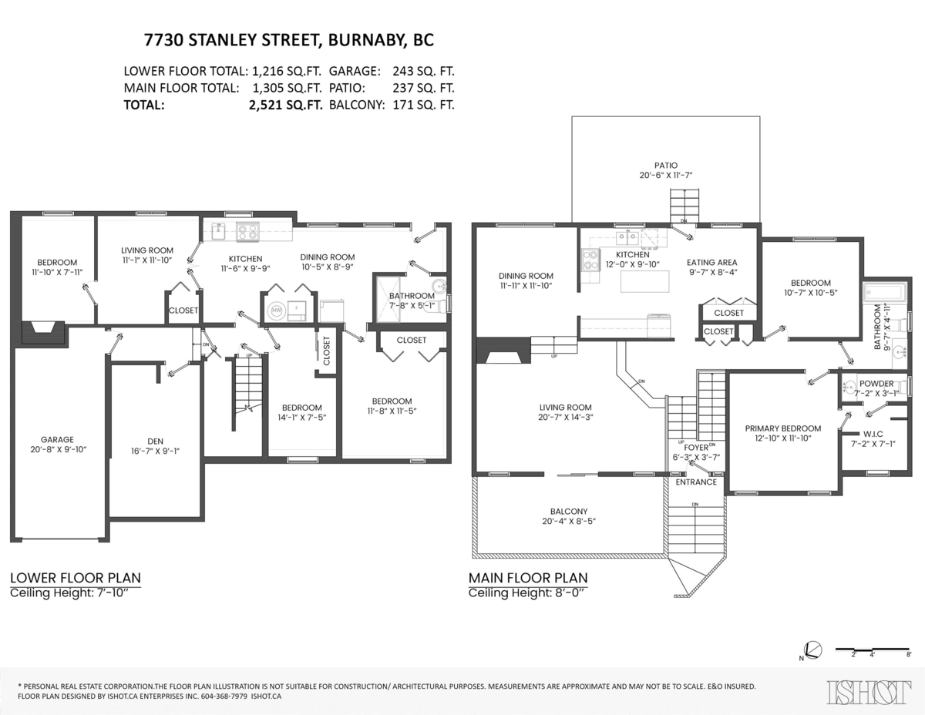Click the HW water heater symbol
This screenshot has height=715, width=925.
275,312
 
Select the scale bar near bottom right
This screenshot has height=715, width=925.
874,650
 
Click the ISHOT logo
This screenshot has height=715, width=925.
867,691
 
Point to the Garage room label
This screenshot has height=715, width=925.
58,440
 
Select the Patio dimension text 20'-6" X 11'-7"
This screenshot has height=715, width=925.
665,176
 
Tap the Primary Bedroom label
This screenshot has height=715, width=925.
782,428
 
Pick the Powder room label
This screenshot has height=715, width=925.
876,384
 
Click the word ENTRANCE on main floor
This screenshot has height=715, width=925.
696,482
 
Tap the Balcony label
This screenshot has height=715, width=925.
569,512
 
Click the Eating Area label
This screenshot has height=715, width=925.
711,262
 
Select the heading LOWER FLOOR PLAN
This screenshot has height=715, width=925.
75,578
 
